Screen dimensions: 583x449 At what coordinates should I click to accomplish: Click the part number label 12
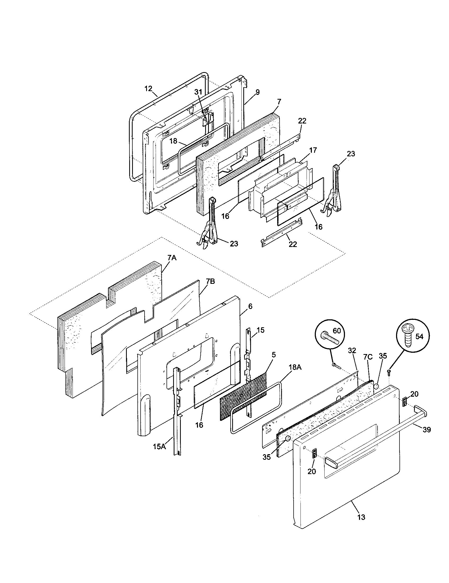pos(148,89)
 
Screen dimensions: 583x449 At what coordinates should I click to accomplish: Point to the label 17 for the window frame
pos(313,150)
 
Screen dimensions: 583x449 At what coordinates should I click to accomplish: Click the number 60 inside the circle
pos(337,331)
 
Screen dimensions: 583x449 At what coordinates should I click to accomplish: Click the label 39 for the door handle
pos(426,430)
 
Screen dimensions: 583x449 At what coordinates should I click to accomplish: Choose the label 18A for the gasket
pos(295,367)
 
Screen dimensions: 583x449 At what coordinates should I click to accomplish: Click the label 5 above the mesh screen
pos(274,355)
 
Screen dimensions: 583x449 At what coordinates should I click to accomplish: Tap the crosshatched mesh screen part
pos(243,397)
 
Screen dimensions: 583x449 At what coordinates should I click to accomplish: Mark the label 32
pos(352,351)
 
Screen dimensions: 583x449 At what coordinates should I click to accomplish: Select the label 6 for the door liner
pos(250,306)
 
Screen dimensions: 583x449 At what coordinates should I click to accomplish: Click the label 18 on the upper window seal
pos(173,141)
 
